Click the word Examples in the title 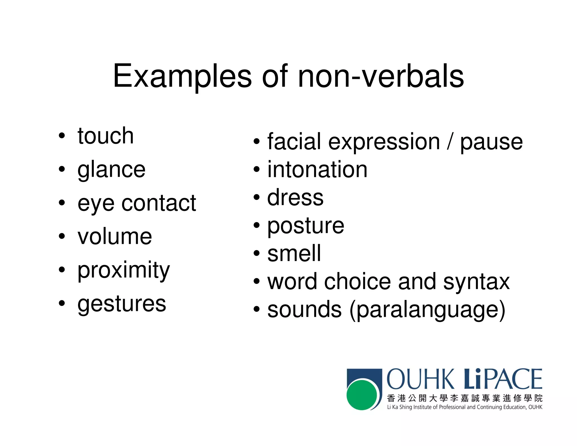[x=182, y=76]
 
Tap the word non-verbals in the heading [x=381, y=76]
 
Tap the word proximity [x=123, y=270]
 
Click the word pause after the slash [x=491, y=142]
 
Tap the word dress [x=295, y=197]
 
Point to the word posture [x=306, y=226]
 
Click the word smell [x=294, y=253]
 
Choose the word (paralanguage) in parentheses [x=427, y=310]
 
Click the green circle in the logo [x=362, y=395]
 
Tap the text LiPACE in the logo [x=503, y=379]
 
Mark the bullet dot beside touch [x=62, y=136]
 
